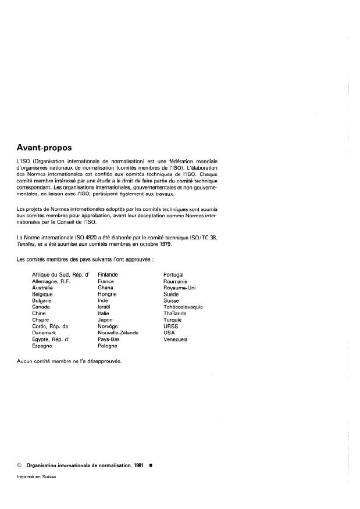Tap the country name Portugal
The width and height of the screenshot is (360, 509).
tap(173, 274)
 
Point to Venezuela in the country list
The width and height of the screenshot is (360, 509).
tap(176, 339)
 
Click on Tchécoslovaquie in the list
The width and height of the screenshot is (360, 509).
tap(183, 307)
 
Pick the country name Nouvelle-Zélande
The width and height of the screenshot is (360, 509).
tap(118, 333)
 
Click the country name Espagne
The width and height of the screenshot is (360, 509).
tap(42, 346)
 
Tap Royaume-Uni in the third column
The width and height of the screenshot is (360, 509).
tap(180, 287)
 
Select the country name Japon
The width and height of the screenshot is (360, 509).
tap(105, 320)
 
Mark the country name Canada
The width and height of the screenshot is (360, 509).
tap(41, 307)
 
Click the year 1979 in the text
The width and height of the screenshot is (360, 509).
tap(148, 245)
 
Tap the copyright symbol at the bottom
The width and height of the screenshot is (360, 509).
tap(21, 465)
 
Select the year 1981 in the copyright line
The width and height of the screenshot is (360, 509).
tap(138, 465)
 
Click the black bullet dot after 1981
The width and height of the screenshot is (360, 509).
tap(151, 465)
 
